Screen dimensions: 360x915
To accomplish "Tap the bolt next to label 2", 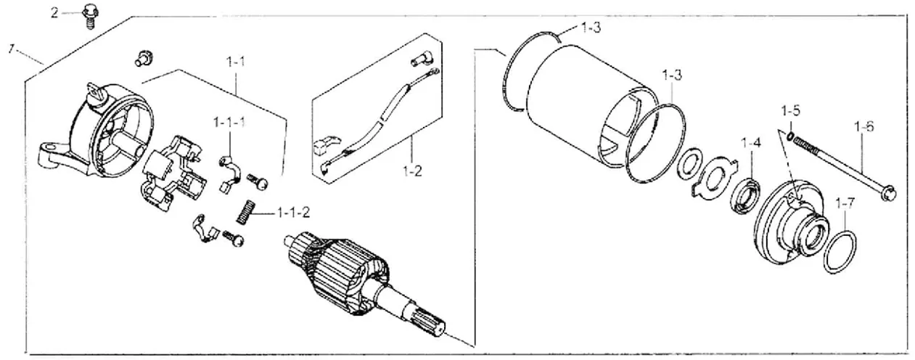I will (x=91, y=14).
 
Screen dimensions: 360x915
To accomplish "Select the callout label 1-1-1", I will (x=229, y=123).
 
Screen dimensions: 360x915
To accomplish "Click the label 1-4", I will (x=752, y=143).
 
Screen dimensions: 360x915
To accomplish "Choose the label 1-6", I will (x=863, y=126).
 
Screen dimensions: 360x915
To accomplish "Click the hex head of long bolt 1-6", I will (x=890, y=193).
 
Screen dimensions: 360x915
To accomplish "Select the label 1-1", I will (x=236, y=63).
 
